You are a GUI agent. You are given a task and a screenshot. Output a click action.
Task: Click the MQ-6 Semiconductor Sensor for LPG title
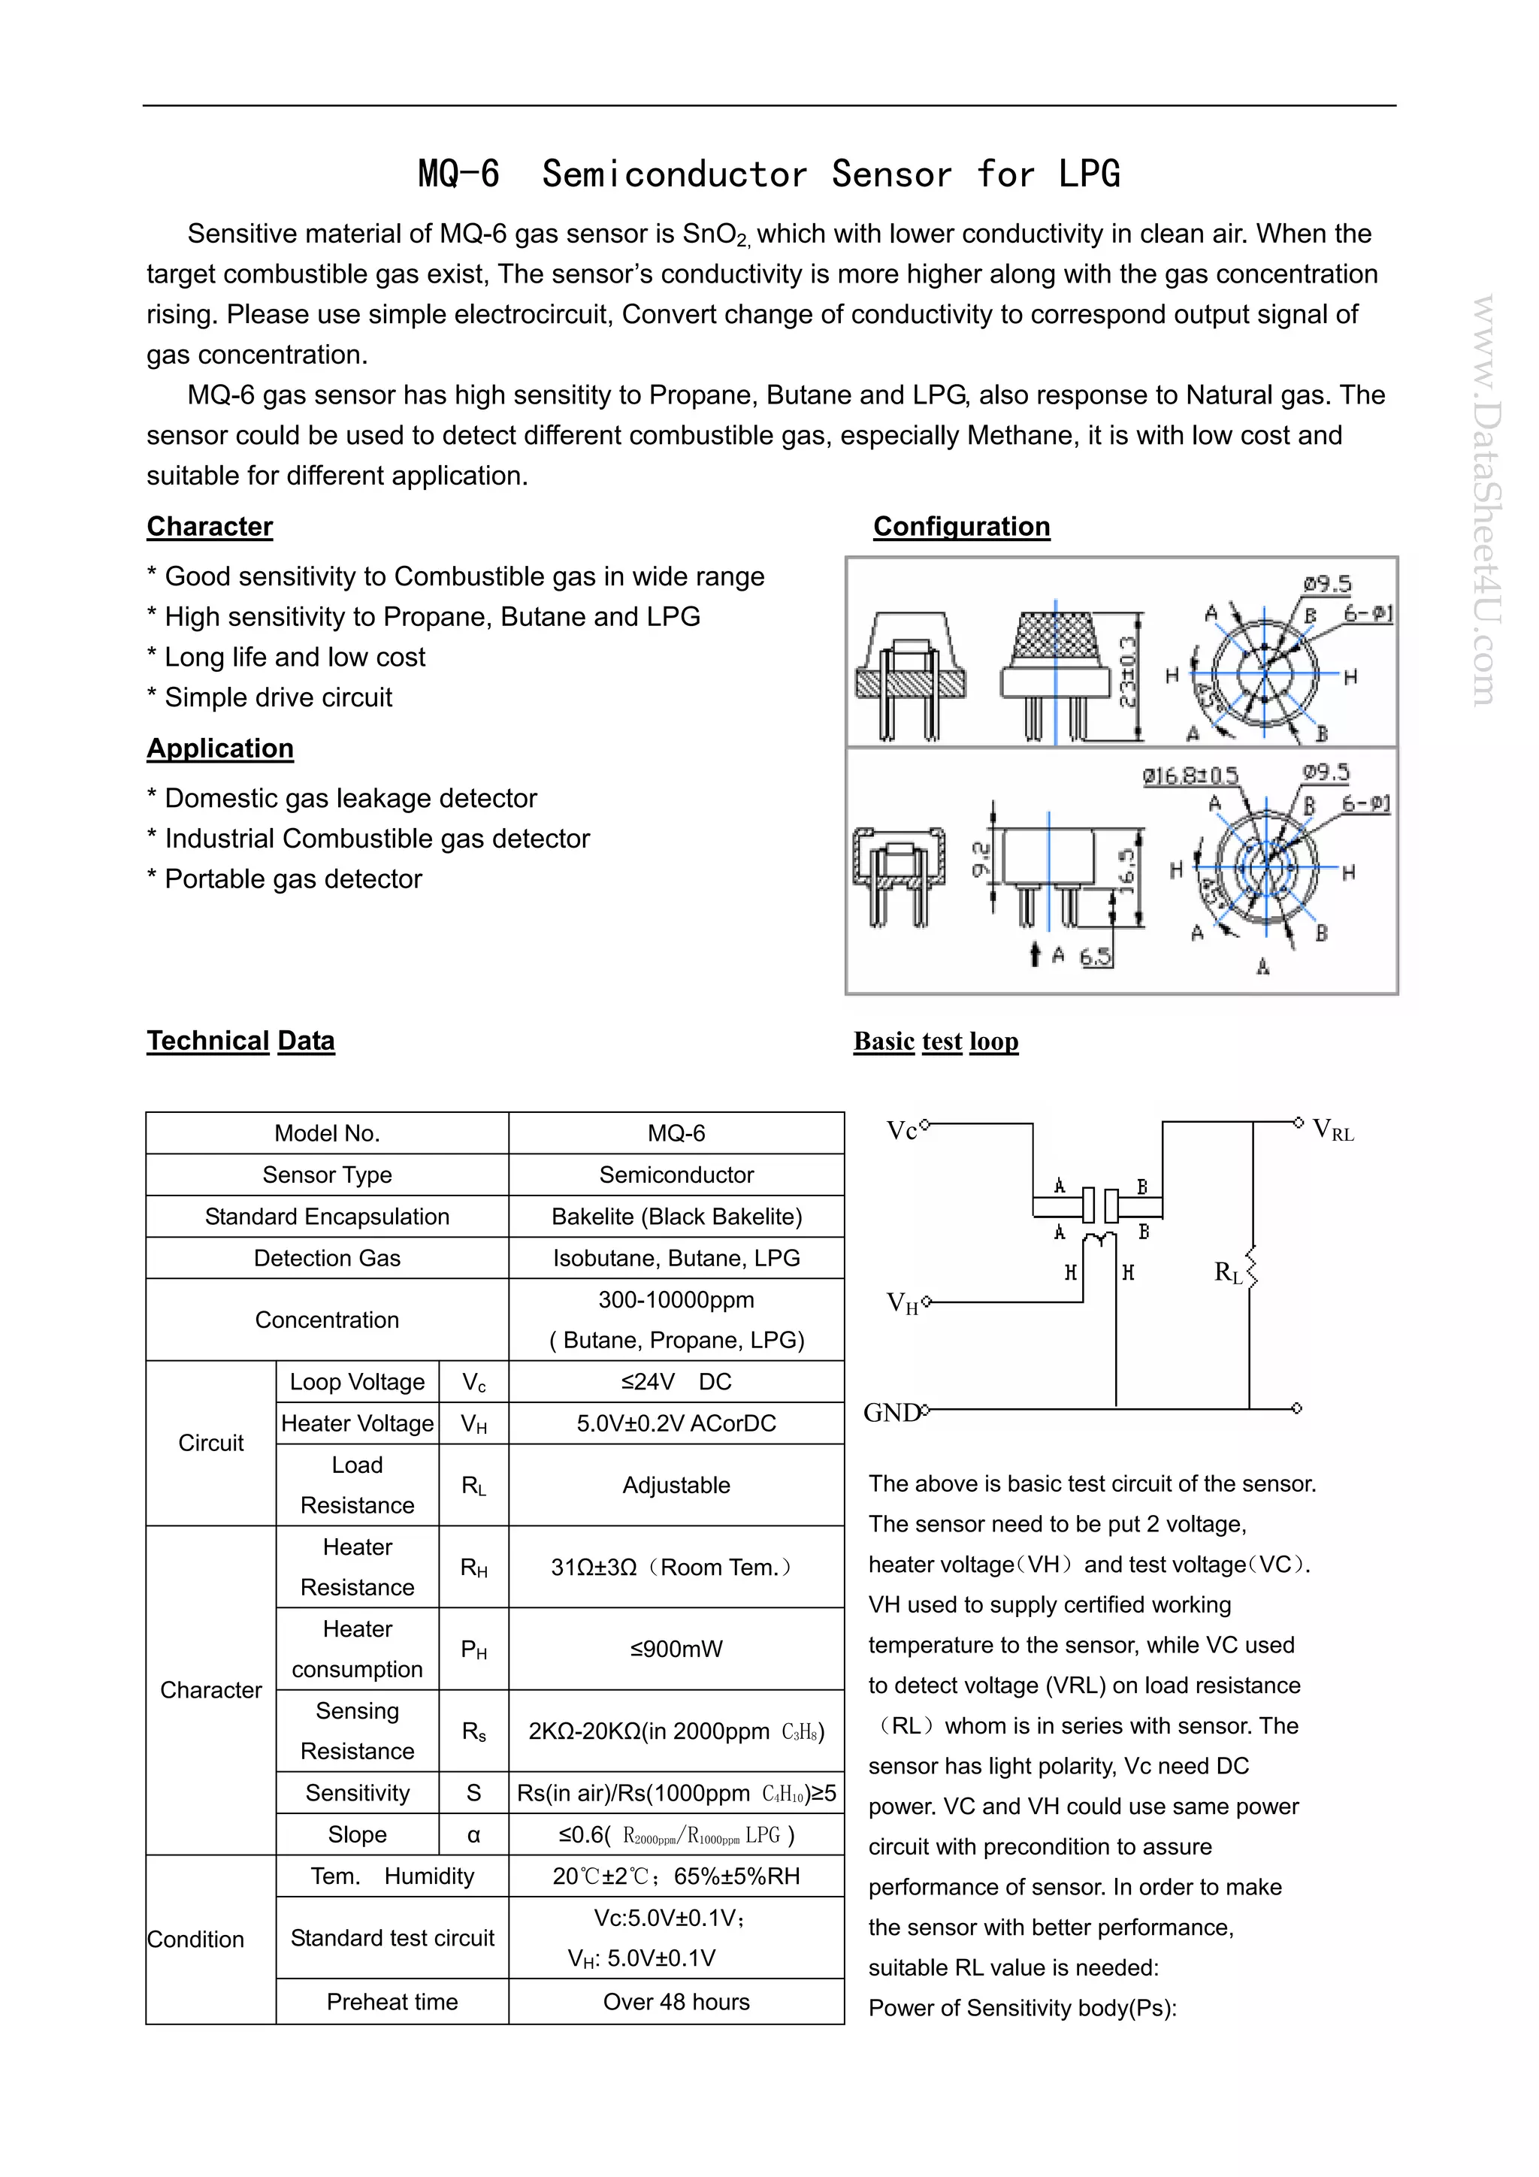click(769, 174)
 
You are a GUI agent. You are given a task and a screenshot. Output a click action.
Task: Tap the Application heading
click(220, 748)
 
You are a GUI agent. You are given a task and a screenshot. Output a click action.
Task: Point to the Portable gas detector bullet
click(292, 879)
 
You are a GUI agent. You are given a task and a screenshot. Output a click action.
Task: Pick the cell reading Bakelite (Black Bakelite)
click(676, 1217)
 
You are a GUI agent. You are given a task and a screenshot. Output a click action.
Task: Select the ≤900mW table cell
click(676, 1649)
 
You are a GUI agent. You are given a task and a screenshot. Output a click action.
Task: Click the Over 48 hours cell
click(676, 2002)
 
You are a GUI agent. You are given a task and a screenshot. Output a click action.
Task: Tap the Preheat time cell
click(392, 2002)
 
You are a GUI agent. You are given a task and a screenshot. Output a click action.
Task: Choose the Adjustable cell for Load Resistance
click(676, 1485)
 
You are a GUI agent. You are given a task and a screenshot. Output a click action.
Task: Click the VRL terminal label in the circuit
click(1332, 1130)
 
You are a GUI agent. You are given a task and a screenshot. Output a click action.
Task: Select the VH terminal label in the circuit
click(902, 1304)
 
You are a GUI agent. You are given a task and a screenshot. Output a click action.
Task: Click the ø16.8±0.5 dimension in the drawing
click(1190, 776)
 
